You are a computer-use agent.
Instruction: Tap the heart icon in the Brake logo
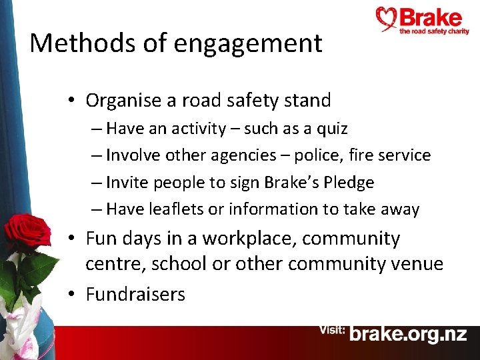click(387, 19)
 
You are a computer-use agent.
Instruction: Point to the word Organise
click(124, 101)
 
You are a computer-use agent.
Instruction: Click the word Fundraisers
click(135, 294)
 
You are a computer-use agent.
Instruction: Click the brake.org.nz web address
click(408, 334)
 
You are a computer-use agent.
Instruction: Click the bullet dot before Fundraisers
click(72, 295)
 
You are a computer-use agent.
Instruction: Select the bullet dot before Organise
click(72, 101)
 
